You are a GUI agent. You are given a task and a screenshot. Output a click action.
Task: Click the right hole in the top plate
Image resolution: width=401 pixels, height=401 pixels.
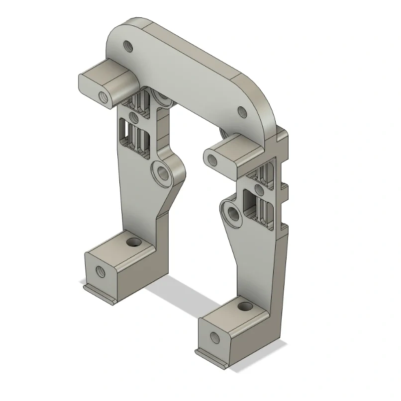pos(242,112)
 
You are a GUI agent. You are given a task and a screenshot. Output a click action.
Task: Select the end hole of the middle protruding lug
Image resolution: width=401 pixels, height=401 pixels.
pos(212,160)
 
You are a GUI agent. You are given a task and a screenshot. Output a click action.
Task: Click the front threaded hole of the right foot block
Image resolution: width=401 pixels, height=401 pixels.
pos(214,338)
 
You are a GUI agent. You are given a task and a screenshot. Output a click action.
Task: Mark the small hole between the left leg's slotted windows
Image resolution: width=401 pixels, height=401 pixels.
pos(133,117)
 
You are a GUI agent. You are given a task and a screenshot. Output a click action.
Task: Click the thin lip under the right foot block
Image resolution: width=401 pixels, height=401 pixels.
pos(211,359)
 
